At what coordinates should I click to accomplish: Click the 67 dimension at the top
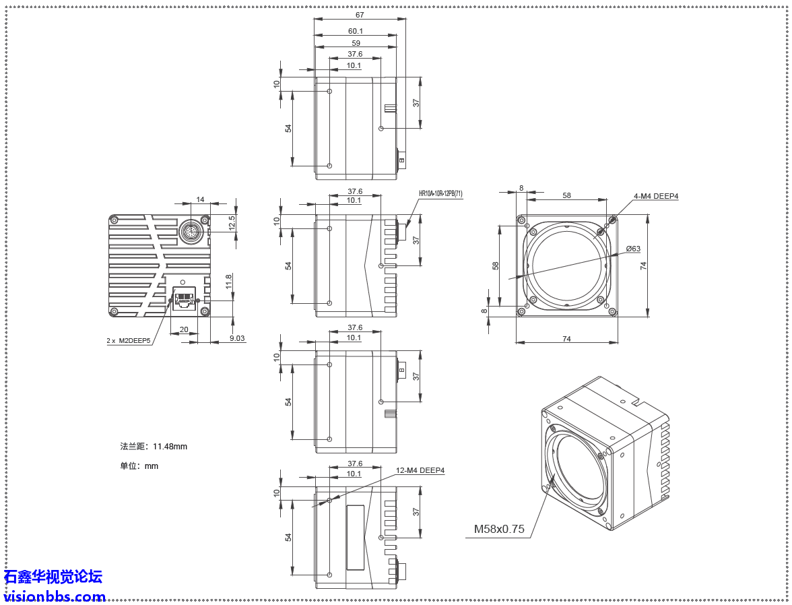(360, 15)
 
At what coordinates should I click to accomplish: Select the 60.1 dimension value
(356, 31)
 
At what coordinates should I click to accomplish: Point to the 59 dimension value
(356, 43)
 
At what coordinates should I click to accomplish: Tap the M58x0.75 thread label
(498, 529)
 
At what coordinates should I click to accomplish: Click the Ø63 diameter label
(632, 249)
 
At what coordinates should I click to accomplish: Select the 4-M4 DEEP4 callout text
(655, 196)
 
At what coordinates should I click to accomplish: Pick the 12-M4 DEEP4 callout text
(420, 470)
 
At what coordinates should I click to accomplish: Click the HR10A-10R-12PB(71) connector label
(440, 194)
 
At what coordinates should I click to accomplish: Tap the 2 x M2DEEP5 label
(129, 341)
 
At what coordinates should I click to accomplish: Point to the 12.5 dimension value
(232, 222)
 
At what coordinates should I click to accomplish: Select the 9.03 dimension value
(237, 338)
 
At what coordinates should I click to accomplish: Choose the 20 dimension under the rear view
(184, 329)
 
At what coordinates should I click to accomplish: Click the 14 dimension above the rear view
(200, 199)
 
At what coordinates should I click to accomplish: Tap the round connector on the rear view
(192, 232)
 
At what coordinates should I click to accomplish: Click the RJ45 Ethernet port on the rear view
(184, 298)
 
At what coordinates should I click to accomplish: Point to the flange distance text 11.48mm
(154, 446)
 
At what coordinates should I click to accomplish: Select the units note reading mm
(139, 466)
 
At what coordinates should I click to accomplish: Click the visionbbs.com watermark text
(55, 596)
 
